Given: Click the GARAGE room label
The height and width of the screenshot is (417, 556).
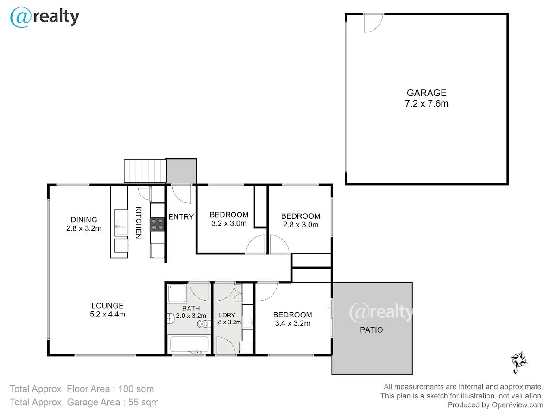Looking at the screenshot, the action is click(426, 93).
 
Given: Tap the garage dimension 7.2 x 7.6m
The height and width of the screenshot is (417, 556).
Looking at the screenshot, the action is click(427, 104).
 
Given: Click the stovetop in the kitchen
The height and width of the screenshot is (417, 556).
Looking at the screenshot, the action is click(157, 224).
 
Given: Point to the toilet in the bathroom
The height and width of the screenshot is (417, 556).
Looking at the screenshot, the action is click(204, 323).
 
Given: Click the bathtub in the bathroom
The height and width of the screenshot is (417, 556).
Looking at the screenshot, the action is click(189, 344).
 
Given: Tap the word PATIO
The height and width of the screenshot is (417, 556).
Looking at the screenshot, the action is click(371, 330).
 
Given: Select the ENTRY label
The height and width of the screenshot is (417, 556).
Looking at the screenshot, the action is click(181, 217).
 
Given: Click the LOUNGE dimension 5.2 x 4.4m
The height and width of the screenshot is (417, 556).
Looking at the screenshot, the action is click(107, 314).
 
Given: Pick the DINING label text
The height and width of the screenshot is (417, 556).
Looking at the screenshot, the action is click(83, 220).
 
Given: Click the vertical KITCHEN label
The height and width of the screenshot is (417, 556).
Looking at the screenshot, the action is click(138, 222).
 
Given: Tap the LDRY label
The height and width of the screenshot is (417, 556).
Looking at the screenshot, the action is click(227, 315).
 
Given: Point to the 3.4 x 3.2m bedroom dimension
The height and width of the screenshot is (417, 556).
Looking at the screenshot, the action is click(292, 323).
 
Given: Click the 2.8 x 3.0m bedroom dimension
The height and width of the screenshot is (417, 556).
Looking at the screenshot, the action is click(301, 225).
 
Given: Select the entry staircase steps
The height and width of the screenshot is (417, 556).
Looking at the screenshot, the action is click(145, 171).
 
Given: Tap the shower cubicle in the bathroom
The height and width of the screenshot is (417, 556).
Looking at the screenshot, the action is click(177, 293).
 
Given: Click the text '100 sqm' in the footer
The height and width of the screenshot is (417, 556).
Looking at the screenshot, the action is click(136, 389).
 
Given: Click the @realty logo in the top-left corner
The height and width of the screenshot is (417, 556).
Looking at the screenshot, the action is click(44, 17).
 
